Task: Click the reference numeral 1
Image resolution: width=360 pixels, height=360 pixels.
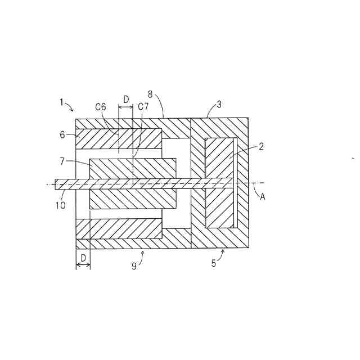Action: click(61, 102)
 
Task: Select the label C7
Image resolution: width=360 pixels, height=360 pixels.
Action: click(143, 106)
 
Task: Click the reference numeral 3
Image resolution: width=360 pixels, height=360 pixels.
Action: click(219, 103)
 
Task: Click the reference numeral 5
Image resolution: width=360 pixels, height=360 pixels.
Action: click(213, 263)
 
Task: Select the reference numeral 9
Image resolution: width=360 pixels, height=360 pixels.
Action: click(134, 266)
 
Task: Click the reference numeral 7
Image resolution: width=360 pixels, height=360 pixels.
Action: click(63, 161)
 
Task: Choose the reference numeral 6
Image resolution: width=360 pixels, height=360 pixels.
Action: click(63, 135)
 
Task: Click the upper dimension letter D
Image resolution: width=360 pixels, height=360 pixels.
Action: click(125, 99)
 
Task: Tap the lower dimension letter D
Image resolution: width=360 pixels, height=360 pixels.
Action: click(83, 257)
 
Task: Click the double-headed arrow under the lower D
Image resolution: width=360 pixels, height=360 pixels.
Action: click(83, 265)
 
